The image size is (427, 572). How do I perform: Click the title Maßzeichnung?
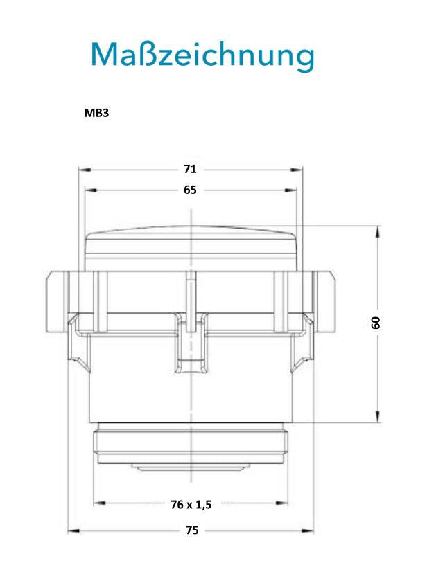202,55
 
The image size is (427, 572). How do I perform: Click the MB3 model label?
96,113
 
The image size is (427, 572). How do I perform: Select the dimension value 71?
190,169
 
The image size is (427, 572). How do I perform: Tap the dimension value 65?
190,190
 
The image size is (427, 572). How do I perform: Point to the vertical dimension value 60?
376,323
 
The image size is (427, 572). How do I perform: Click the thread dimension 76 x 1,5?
191,505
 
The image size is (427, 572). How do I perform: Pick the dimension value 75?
192,530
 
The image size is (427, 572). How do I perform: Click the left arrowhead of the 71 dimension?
85,170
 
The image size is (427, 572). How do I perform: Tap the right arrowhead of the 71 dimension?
297,170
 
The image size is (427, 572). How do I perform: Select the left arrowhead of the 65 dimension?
91,190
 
